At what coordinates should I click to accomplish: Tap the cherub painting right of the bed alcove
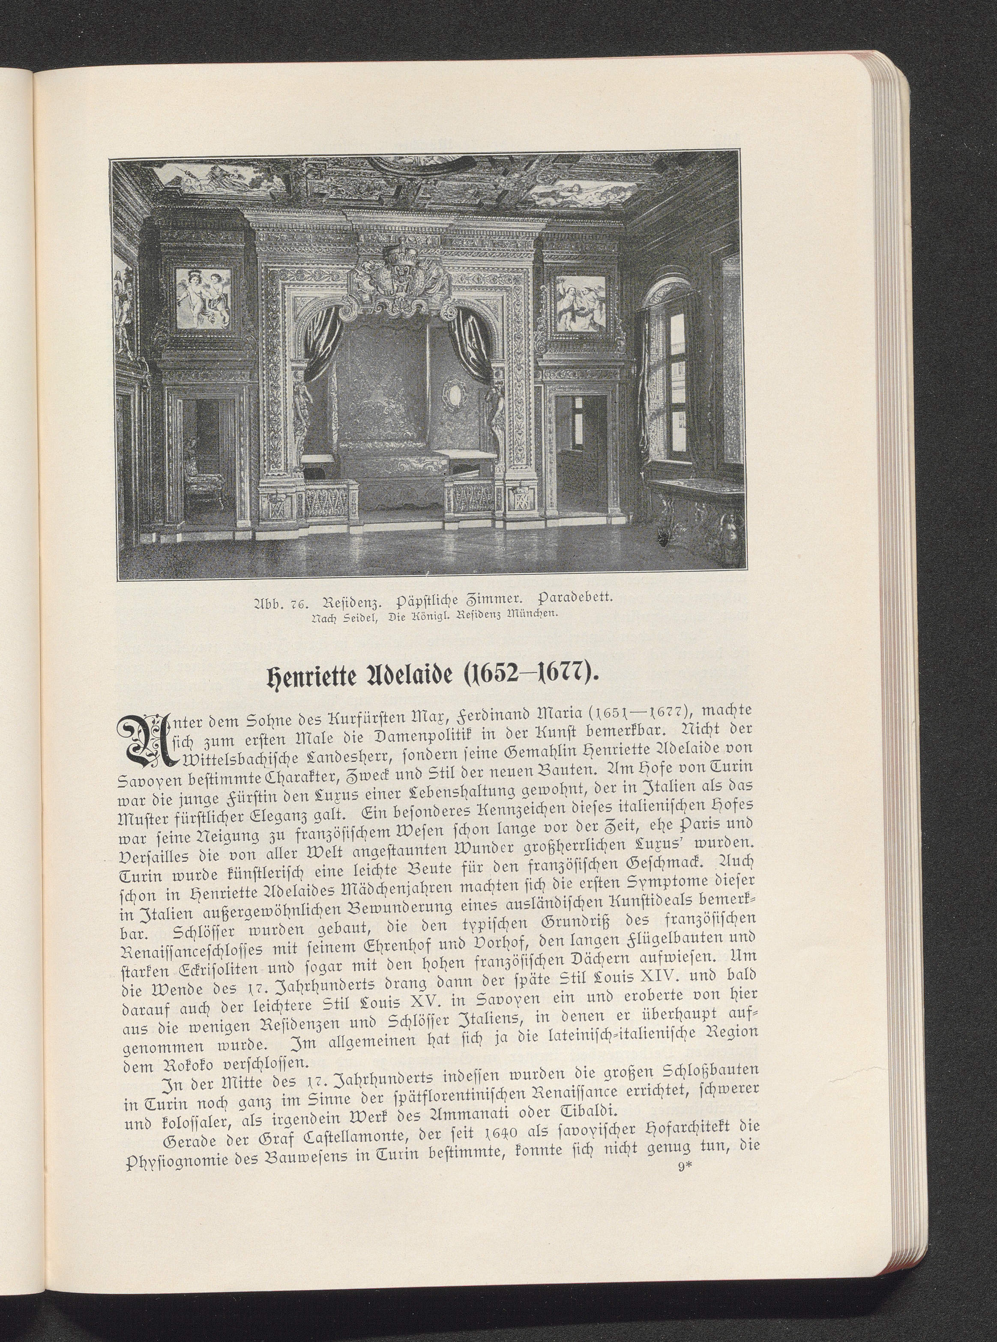pyautogui.click(x=579, y=303)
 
